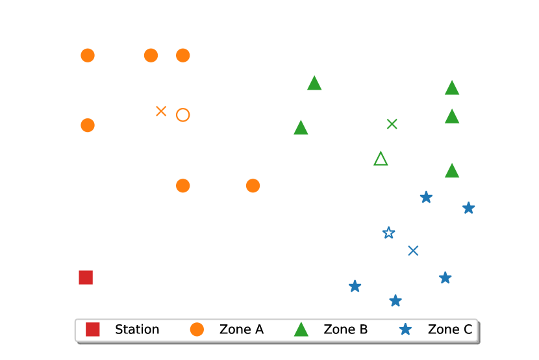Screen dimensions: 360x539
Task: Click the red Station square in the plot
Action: click(86, 277)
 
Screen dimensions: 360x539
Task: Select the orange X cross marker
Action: click(161, 111)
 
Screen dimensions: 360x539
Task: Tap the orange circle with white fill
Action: click(183, 115)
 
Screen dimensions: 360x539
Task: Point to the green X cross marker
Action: click(392, 123)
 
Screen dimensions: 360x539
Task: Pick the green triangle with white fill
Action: click(381, 159)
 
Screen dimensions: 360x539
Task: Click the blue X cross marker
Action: click(413, 250)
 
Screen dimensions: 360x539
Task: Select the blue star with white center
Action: click(388, 233)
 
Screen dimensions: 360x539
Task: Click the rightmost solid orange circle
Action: click(253, 186)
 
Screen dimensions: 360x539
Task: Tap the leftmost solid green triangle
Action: click(301, 128)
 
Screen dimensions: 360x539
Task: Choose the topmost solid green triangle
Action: click(314, 83)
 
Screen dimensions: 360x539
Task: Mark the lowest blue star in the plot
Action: click(395, 300)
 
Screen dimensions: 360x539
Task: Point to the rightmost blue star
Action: click(468, 208)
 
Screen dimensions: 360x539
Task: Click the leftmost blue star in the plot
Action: click(355, 286)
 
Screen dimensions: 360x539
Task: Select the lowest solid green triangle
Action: click(452, 171)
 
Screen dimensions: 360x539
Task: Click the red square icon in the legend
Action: click(93, 329)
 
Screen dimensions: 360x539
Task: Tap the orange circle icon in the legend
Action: click(197, 329)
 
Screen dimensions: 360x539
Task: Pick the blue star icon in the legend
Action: click(405, 329)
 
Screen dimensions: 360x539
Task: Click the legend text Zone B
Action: click(345, 329)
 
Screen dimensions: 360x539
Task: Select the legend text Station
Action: click(137, 329)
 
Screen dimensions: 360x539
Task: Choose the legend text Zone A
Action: click(242, 329)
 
